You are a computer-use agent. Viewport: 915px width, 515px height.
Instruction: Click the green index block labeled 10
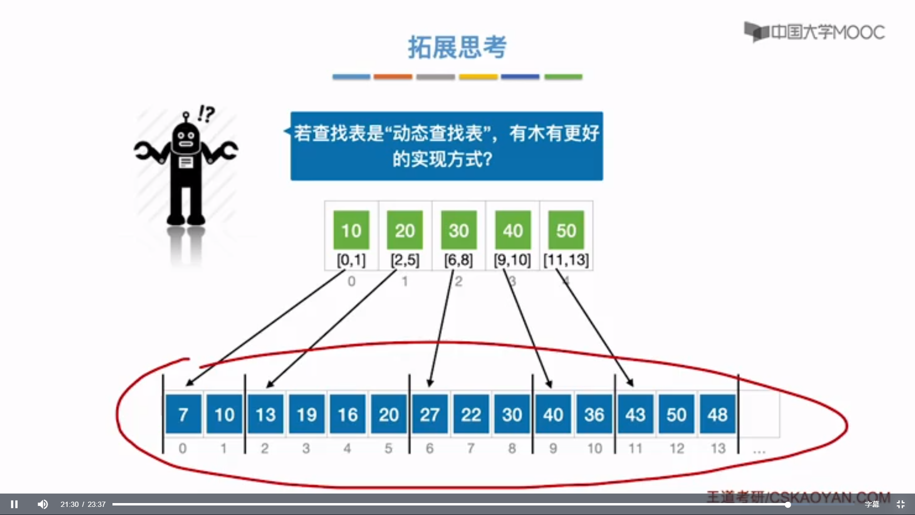pyautogui.click(x=351, y=230)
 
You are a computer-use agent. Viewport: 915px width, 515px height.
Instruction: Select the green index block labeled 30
pyautogui.click(x=458, y=230)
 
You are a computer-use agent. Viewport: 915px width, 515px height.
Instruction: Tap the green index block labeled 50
pyautogui.click(x=566, y=230)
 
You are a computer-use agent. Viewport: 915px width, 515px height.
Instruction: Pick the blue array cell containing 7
pyautogui.click(x=183, y=414)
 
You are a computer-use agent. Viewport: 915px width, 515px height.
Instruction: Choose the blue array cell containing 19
pyautogui.click(x=307, y=414)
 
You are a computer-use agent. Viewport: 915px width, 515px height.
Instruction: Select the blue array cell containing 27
pyautogui.click(x=430, y=414)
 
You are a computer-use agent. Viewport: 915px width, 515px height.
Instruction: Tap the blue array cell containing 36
pyautogui.click(x=594, y=414)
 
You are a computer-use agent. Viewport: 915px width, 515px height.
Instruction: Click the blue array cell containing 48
pyautogui.click(x=718, y=414)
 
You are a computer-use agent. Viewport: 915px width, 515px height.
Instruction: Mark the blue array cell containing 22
pyautogui.click(x=471, y=414)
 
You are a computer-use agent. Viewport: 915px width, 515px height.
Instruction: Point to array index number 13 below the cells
pyautogui.click(x=718, y=448)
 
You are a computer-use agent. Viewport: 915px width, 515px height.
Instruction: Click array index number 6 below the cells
pyautogui.click(x=430, y=448)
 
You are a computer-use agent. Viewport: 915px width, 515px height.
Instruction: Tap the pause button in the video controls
pyautogui.click(x=14, y=504)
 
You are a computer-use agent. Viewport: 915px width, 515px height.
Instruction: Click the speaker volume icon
pyautogui.click(x=42, y=504)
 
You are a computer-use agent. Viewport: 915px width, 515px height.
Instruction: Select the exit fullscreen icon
pyautogui.click(x=900, y=504)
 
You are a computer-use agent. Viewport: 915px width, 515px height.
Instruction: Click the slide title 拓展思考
pyautogui.click(x=457, y=47)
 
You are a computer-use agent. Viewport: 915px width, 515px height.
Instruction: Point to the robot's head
pyautogui.click(x=186, y=138)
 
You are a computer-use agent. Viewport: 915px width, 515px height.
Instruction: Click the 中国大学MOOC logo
pyautogui.click(x=814, y=32)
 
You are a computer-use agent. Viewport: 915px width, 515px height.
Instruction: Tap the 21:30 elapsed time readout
pyautogui.click(x=70, y=504)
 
